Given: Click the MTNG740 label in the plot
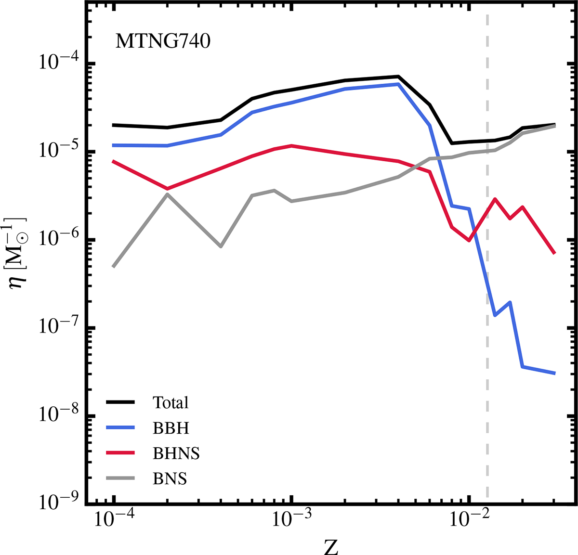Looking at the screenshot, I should (x=163, y=41).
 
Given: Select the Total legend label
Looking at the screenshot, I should (x=171, y=402).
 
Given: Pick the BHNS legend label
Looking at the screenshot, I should (x=176, y=453).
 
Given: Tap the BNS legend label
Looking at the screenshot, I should (x=170, y=478).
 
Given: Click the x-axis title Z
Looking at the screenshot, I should (x=331, y=546).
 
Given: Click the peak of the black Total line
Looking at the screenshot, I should (x=398, y=77).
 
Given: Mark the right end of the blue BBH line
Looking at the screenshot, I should (x=555, y=373).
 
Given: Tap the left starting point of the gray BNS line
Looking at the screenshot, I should (x=114, y=266).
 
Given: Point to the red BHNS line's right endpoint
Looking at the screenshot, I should (x=555, y=253).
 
